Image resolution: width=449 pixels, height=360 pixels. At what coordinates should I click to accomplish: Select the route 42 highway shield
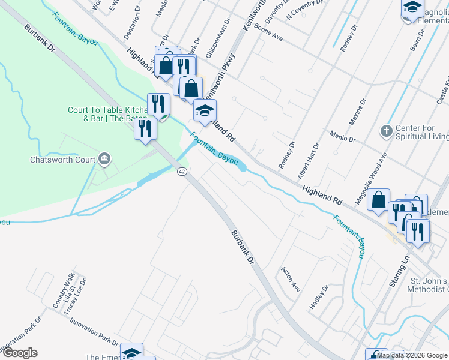pyautogui.click(x=181, y=172)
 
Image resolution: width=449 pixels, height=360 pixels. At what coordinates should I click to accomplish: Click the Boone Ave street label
pyautogui.click(x=268, y=37)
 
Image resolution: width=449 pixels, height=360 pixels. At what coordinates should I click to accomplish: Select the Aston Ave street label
pyautogui.click(x=291, y=278)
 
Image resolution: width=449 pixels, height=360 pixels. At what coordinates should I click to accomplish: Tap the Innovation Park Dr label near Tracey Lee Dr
pyautogui.click(x=94, y=332)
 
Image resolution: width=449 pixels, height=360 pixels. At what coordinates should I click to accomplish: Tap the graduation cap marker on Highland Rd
pyautogui.click(x=205, y=111)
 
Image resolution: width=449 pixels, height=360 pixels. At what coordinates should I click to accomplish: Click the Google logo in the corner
pyautogui.click(x=20, y=353)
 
